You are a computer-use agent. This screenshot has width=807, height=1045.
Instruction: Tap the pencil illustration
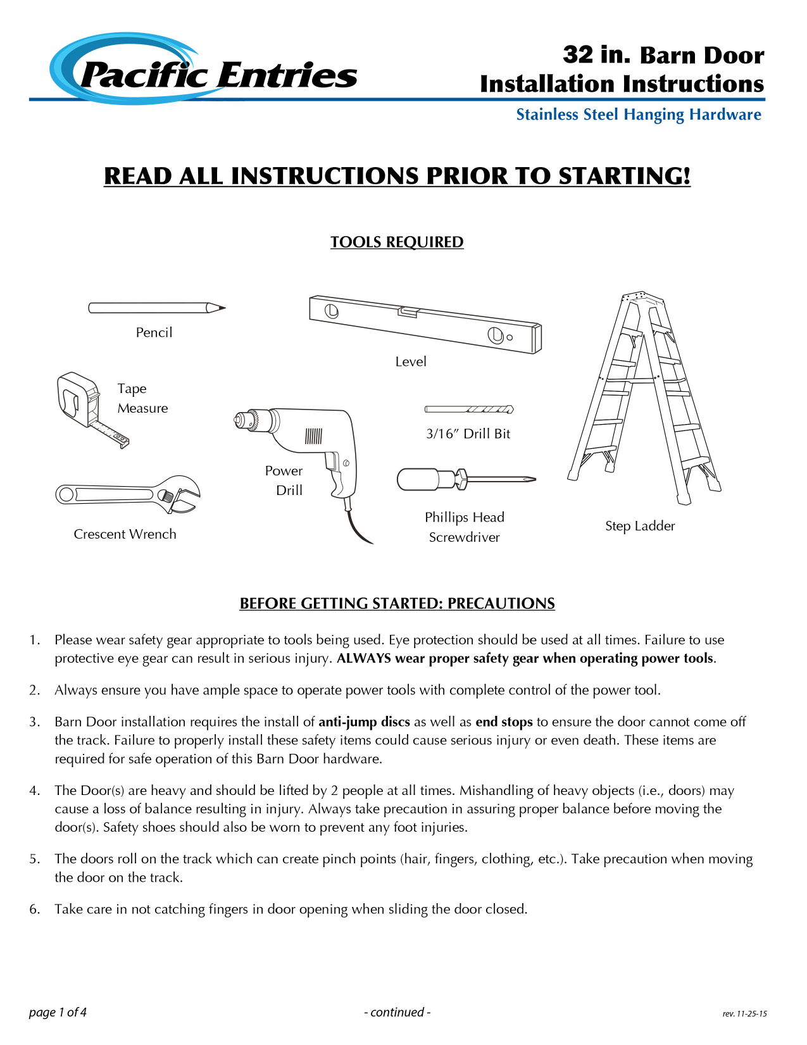coord(156,308)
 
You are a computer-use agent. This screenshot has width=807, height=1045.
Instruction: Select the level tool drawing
coord(425,323)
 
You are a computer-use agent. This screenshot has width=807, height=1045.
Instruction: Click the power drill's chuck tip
coord(239,419)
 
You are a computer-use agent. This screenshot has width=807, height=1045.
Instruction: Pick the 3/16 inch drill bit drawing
coord(469,410)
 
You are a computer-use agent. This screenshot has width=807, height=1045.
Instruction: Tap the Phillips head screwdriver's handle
coord(417,479)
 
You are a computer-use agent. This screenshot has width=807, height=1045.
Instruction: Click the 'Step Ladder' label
coord(640,526)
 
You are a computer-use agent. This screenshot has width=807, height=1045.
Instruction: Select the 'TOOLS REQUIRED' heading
coord(397,242)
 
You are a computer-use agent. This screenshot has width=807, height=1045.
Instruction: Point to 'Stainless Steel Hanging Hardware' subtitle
coord(639,115)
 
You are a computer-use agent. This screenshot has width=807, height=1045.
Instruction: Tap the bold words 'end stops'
coord(504,722)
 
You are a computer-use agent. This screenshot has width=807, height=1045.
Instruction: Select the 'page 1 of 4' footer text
coord(58,1012)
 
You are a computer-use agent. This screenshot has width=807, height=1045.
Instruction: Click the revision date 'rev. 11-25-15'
coord(744,1013)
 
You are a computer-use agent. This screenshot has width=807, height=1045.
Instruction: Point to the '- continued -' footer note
coord(397,1012)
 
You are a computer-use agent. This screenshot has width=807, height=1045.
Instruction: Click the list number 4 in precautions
coord(34,791)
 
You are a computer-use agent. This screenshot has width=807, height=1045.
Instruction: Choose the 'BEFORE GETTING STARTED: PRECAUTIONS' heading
coord(397,604)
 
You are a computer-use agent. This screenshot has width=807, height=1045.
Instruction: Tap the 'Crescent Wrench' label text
coord(125,534)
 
